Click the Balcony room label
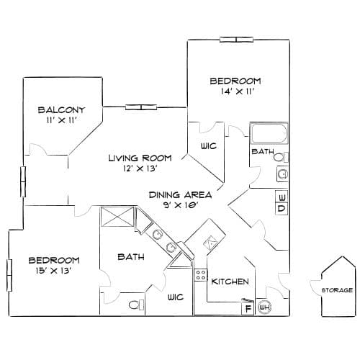[62, 110]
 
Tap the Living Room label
[140, 158]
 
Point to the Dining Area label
[181, 194]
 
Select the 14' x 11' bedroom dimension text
[238, 91]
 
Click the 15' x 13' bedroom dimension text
[53, 271]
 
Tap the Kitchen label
[230, 282]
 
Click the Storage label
[337, 290]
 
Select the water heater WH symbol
[265, 307]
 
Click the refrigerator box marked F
[248, 308]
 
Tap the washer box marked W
[282, 197]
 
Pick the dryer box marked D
[282, 208]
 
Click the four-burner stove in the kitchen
[201, 275]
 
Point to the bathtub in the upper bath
[269, 133]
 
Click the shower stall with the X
[117, 217]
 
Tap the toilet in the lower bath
[136, 305]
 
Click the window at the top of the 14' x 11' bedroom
[237, 40]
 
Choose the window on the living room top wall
[141, 107]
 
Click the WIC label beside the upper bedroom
[209, 146]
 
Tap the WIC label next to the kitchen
[176, 297]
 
